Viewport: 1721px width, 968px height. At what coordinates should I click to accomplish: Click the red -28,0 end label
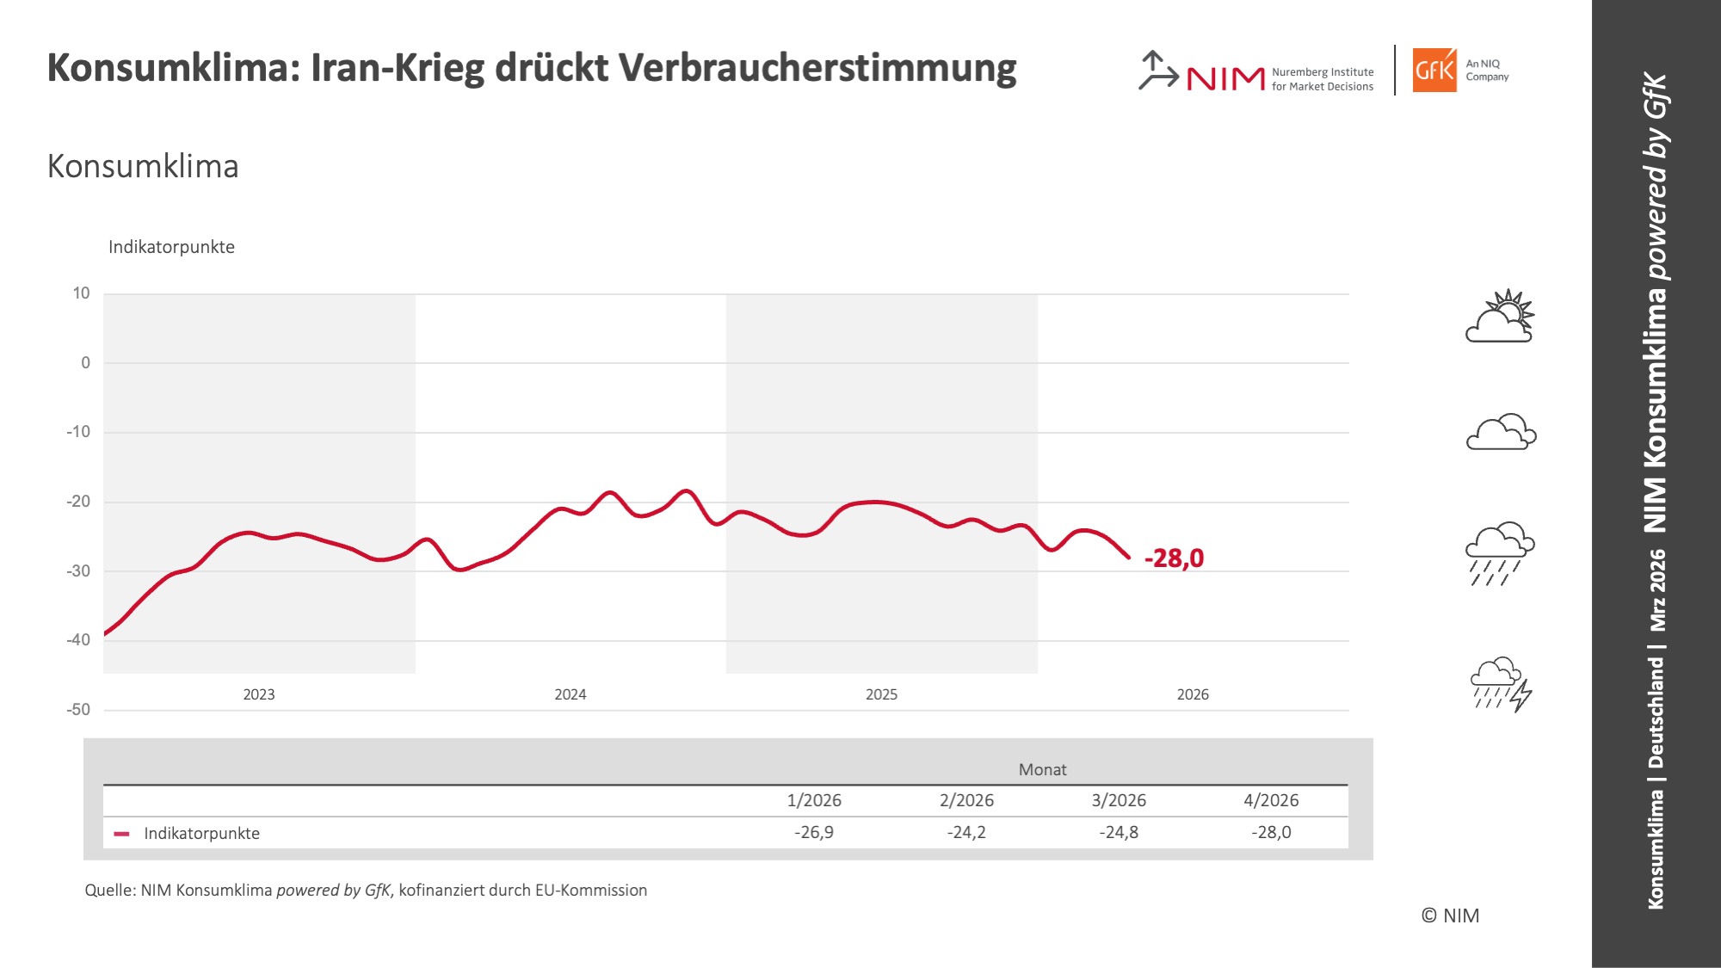1174,558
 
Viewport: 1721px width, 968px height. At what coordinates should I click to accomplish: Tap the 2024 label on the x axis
570,694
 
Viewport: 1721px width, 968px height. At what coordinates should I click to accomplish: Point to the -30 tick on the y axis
78,570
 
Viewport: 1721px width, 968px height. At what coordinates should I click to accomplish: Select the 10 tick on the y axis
81,293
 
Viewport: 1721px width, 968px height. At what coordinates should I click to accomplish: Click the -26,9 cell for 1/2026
813,832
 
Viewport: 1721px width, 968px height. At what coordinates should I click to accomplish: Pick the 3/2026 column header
1118,800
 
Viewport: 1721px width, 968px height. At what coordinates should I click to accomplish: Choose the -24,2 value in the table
965,832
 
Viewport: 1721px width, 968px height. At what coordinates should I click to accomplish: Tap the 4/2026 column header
1270,800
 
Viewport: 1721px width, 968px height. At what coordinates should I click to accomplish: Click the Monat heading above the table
1042,769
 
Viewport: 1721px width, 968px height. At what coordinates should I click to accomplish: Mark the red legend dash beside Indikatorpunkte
121,834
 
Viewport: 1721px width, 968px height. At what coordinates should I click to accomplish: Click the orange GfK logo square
1434,71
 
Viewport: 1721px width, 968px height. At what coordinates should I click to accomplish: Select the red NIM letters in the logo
1225,79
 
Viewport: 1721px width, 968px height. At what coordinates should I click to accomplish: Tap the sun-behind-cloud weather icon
1500,317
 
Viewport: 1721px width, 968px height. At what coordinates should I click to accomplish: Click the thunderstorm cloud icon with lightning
1501,684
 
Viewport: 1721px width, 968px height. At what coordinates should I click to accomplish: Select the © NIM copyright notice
1450,916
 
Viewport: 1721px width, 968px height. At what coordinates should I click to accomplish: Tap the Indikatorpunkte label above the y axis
171,247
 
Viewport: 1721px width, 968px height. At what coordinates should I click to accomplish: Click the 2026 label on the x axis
1192,694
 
